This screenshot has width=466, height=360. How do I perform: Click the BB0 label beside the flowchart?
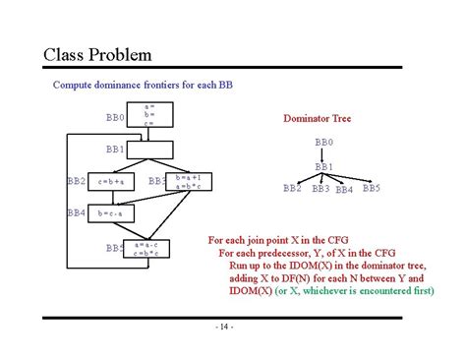[115, 117]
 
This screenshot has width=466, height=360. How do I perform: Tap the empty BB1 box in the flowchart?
[148, 150]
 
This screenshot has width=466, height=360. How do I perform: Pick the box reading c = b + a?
[110, 181]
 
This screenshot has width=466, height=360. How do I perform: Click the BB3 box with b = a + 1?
[188, 182]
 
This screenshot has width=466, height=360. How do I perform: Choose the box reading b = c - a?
[110, 212]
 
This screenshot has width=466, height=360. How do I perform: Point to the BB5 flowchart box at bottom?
[147, 248]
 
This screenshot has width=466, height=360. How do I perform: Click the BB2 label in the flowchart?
[76, 181]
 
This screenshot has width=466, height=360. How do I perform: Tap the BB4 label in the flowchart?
[76, 212]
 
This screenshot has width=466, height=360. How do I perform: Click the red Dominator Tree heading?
[317, 119]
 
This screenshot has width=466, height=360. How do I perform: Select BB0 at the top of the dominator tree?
[323, 143]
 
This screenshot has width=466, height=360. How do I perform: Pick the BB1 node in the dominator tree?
[324, 166]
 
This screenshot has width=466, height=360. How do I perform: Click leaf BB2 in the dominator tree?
[292, 188]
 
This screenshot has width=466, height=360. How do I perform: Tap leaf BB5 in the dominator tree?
[372, 187]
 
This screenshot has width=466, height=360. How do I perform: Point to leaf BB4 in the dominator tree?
[344, 190]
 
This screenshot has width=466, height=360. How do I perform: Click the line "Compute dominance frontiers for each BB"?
[142, 85]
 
